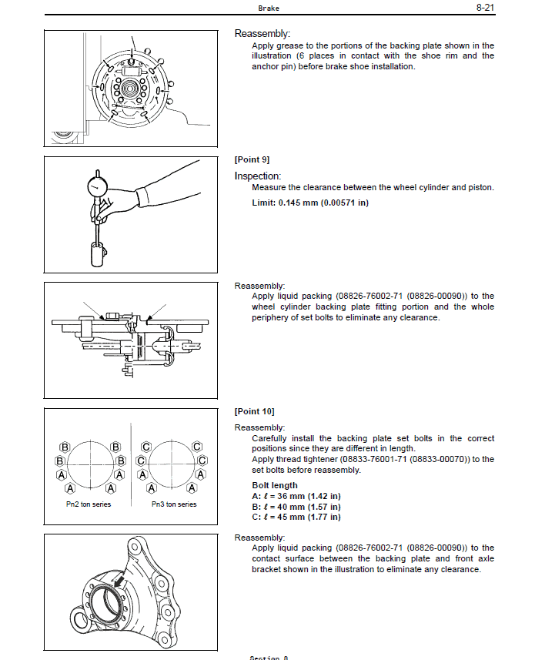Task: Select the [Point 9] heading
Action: tap(252, 159)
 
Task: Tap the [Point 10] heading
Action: tap(254, 411)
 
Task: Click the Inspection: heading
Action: tap(258, 176)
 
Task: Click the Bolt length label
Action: tap(275, 485)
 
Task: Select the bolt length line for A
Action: tap(296, 496)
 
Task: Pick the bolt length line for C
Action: tap(296, 517)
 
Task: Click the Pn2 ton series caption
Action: tap(89, 504)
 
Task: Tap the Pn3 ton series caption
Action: tap(173, 504)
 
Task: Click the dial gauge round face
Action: tap(96, 187)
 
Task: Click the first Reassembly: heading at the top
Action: tap(262, 33)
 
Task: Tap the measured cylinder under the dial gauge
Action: tap(98, 253)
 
